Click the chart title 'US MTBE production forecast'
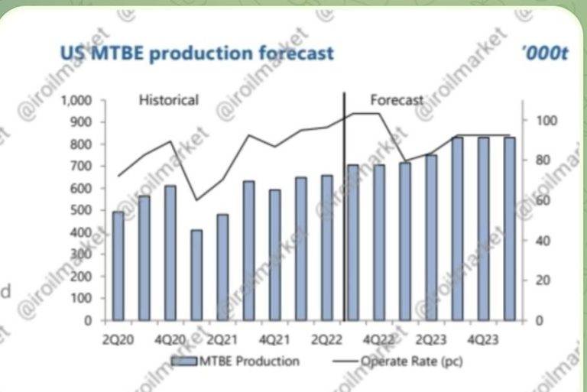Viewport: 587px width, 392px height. coord(196,53)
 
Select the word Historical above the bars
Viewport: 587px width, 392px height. coord(168,99)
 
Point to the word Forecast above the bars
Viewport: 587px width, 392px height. coord(397,99)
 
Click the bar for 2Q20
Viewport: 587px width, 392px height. coord(118,266)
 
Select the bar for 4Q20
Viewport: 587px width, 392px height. coord(170,253)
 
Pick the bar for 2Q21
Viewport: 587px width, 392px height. coord(222,267)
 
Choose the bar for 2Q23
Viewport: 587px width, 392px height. coord(431,238)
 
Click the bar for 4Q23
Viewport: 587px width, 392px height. coord(483,228)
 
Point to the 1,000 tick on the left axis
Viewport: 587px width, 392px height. coord(76,100)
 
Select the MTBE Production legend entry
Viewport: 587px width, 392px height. coord(236,361)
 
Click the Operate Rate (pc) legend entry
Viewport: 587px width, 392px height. coord(413,361)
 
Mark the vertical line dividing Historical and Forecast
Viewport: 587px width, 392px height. coord(344,206)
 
